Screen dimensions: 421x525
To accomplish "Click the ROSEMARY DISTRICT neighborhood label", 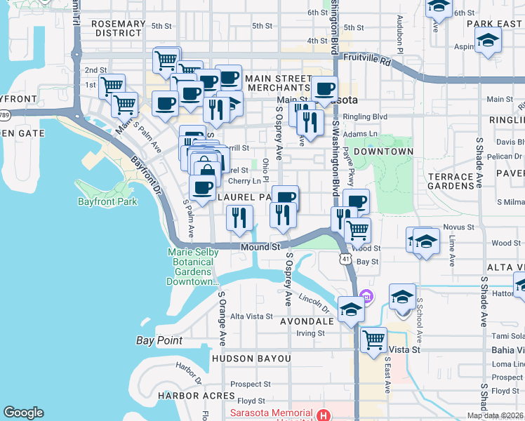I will click(x=118, y=28).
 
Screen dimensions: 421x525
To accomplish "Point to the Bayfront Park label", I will click(x=107, y=202).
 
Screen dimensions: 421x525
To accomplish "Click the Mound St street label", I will click(x=260, y=247).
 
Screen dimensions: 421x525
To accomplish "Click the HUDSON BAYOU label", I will click(x=251, y=359).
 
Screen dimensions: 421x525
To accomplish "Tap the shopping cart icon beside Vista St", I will click(x=373, y=340).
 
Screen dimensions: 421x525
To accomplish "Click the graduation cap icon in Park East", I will click(x=487, y=41).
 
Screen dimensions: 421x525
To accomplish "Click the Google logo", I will click(x=23, y=413).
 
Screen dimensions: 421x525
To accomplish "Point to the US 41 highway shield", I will click(x=345, y=260).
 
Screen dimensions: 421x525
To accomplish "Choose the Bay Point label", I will click(x=159, y=341).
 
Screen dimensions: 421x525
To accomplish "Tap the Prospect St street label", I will click(x=251, y=384).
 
